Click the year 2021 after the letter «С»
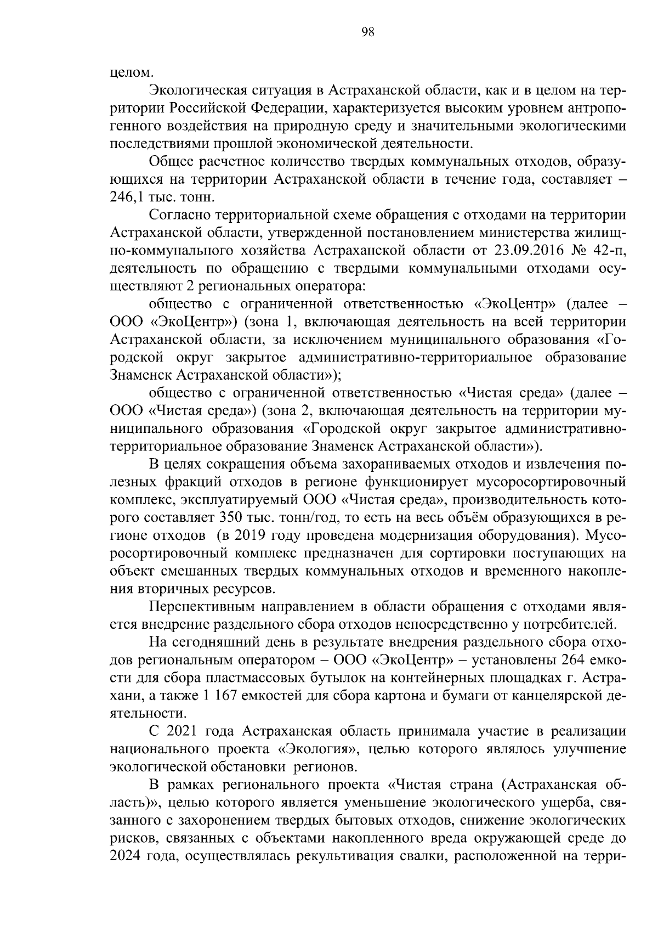tap(181, 731)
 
